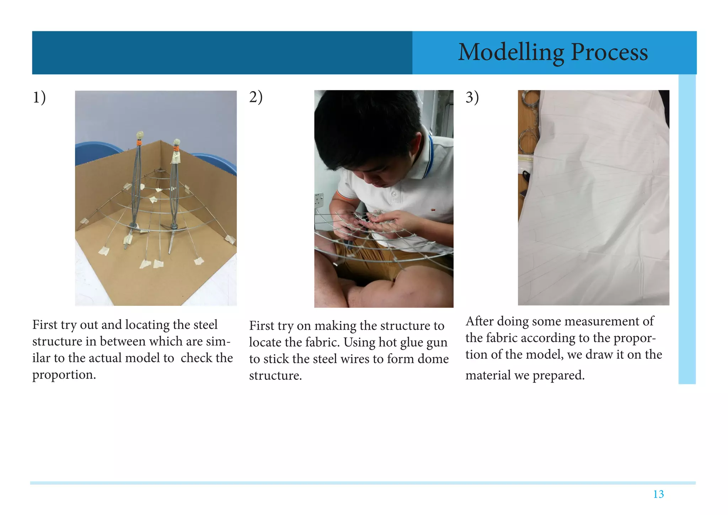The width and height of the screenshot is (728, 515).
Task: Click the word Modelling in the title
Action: tap(511, 53)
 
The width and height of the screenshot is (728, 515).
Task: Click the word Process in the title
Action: tap(609, 52)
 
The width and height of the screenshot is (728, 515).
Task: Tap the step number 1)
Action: tap(39, 97)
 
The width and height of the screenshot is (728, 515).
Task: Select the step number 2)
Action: tap(256, 97)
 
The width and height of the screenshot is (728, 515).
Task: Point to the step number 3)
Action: tap(472, 97)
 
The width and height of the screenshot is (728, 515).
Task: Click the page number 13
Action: tap(658, 494)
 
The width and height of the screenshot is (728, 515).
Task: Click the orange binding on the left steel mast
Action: tap(139, 143)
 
